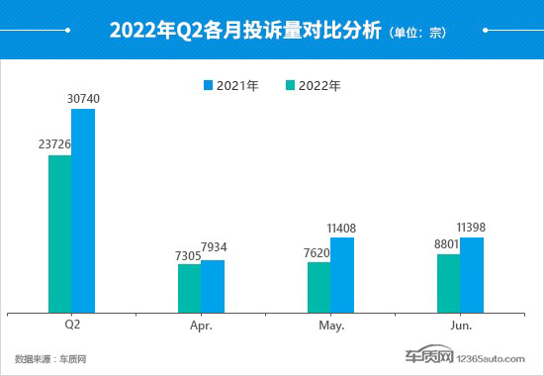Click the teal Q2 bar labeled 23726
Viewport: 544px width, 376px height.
tap(59, 233)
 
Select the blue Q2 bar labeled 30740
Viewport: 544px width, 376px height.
tap(83, 210)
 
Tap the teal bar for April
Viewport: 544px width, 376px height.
tap(189, 287)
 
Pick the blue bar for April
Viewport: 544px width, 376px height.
tap(213, 285)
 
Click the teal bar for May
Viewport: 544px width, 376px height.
tap(318, 286)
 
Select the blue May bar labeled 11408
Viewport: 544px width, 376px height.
tap(342, 274)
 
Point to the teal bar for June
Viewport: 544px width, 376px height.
tap(448, 282)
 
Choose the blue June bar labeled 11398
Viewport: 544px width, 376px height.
tap(472, 274)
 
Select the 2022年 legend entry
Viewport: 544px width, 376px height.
tap(313, 85)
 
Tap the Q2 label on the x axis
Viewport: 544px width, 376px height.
tap(71, 324)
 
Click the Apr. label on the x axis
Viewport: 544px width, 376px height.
tap(201, 324)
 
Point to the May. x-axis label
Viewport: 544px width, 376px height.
tap(330, 324)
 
